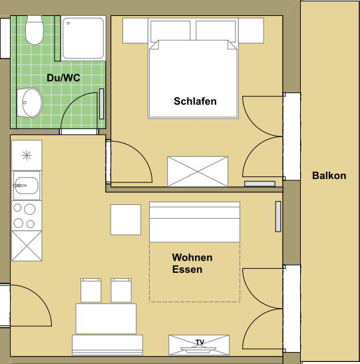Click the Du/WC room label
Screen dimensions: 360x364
(x=63, y=78)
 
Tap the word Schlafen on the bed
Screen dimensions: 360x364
(x=195, y=101)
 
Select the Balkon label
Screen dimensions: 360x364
(x=329, y=176)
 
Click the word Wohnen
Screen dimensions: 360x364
(x=192, y=258)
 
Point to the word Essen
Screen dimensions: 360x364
(x=187, y=270)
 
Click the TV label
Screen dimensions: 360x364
(x=200, y=342)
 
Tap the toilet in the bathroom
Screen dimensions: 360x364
(x=35, y=30)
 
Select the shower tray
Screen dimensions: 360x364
(x=83, y=39)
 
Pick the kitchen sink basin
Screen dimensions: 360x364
(x=27, y=186)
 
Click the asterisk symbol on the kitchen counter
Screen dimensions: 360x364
(x=27, y=155)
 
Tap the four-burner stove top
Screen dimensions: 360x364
(x=27, y=216)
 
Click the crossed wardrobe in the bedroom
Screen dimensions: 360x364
(x=198, y=172)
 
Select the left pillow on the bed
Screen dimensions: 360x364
(x=170, y=31)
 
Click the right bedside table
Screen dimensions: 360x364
(x=251, y=31)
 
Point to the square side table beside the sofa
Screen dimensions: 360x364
(x=126, y=220)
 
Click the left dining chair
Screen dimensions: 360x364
(x=91, y=290)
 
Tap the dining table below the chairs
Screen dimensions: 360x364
(x=106, y=319)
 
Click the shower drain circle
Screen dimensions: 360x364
(x=69, y=23)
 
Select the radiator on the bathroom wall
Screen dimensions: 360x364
(x=101, y=104)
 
